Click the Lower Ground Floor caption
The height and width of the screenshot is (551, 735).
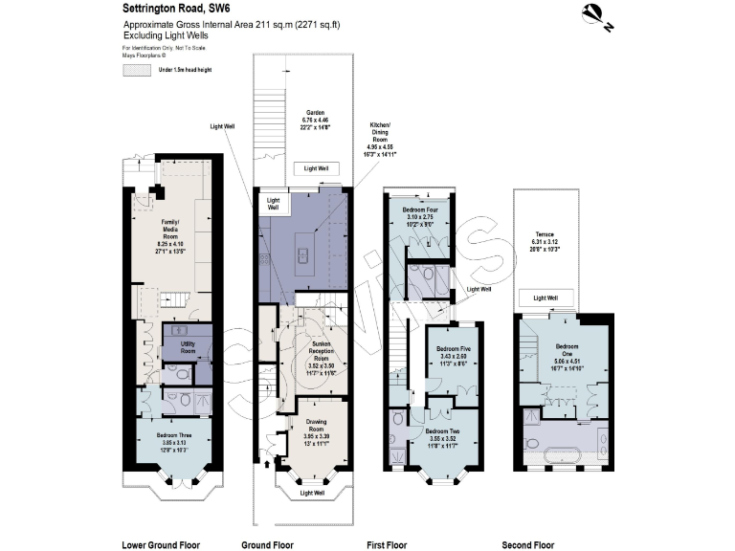(161, 544)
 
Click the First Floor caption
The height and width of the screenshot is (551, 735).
(387, 544)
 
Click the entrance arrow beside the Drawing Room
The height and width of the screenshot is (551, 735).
(267, 465)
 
